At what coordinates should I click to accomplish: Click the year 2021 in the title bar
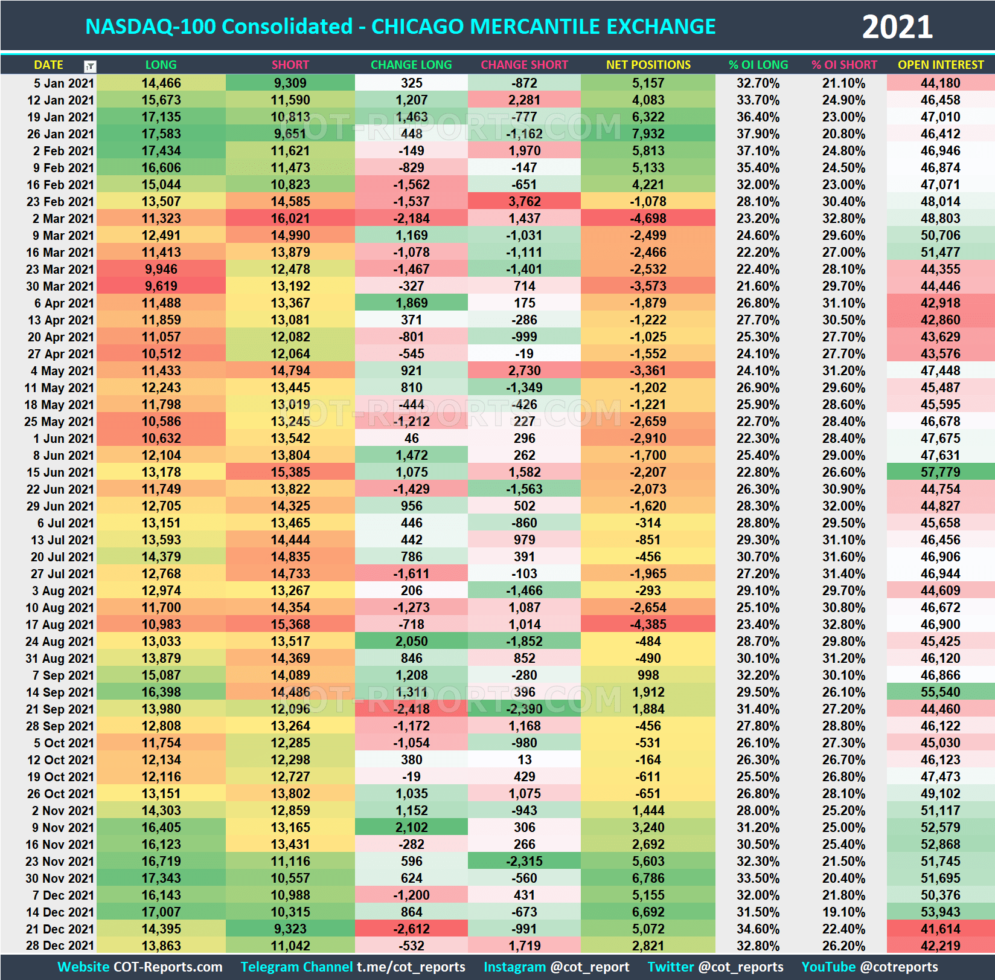pos(897,27)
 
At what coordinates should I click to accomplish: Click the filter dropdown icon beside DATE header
pos(90,66)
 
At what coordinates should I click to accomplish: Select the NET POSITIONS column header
pos(648,65)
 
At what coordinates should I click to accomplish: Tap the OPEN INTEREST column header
pos(940,65)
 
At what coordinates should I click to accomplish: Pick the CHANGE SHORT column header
pos(524,65)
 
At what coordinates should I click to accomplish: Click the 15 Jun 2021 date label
pos(60,472)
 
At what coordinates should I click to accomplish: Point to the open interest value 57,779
pos(940,472)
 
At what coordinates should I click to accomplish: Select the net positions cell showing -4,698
pos(648,218)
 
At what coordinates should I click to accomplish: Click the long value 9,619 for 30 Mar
pos(161,286)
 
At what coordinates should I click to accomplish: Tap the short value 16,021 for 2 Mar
pos(290,218)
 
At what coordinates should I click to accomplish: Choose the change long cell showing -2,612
pos(411,929)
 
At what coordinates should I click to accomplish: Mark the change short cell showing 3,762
pos(524,201)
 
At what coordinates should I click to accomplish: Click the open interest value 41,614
pos(940,929)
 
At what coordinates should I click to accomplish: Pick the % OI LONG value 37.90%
pos(758,134)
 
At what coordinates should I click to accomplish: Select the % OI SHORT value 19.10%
pos(843,912)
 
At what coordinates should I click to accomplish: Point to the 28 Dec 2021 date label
pos(60,946)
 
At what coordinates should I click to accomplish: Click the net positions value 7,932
pos(648,134)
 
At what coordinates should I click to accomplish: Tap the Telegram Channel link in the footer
pos(353,967)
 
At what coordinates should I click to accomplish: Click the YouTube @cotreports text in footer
pos(869,967)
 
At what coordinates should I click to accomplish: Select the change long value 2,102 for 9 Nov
pos(411,827)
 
